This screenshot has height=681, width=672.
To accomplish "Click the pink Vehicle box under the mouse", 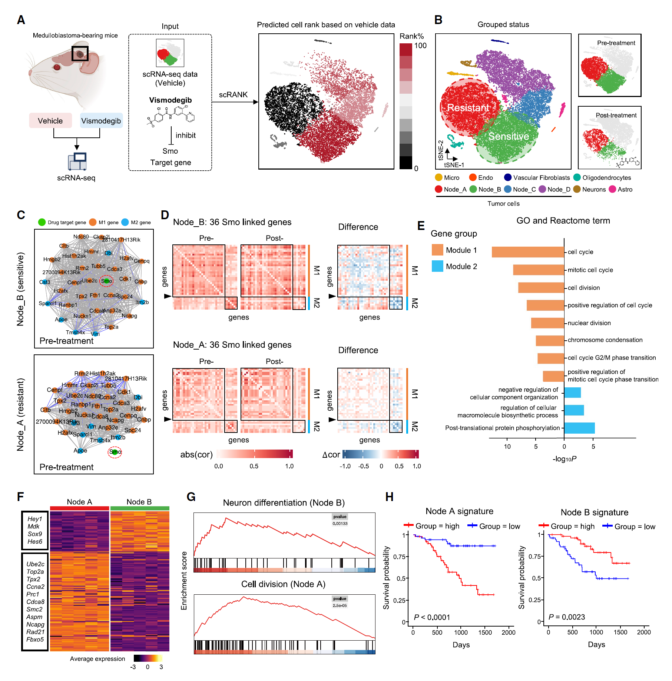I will [50, 121].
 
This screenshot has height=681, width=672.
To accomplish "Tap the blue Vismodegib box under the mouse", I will [101, 121].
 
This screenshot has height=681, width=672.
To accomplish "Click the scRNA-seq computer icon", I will [77, 161].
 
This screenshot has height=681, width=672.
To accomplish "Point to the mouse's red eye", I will [57, 67].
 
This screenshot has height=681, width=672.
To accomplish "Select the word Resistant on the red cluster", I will [468, 108].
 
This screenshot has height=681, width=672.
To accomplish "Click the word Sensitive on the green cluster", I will [509, 136].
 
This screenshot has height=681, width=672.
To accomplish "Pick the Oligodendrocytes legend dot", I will [577, 178].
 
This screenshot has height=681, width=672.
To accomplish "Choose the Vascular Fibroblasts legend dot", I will [508, 178].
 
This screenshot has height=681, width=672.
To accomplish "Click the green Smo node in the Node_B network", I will [107, 281].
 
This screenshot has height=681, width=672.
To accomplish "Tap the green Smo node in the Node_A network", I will [115, 452].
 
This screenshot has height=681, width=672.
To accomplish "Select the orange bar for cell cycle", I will [528, 252].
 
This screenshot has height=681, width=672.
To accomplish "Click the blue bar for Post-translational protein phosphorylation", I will [579, 428].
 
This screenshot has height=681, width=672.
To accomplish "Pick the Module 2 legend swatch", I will [437, 266].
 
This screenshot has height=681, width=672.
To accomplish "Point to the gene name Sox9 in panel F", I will [35, 534].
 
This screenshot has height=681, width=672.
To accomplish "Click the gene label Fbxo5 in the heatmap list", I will [35, 640].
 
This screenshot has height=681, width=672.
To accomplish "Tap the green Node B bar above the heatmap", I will [140, 508].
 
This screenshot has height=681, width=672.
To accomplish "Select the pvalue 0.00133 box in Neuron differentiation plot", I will [340, 520].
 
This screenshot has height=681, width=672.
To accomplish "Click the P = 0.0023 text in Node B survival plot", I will [567, 617].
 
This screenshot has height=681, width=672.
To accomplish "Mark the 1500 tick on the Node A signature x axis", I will [485, 632].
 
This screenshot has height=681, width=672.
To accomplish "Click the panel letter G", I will [191, 497].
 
